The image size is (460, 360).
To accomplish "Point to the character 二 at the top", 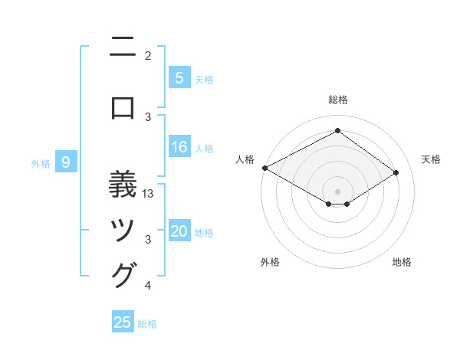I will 123,49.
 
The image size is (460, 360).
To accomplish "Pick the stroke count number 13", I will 149,194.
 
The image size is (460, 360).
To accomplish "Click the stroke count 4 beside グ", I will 148,286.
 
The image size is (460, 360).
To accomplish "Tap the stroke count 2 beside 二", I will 148,55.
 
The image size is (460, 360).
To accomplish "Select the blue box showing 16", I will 179,147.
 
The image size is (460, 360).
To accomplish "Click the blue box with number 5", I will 179,77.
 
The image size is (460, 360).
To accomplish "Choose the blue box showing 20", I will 179,231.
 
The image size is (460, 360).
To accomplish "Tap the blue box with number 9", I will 66,162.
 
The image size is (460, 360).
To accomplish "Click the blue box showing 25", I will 123,322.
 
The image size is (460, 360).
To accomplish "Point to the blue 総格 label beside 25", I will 148,324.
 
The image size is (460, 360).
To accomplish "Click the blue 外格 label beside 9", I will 41,163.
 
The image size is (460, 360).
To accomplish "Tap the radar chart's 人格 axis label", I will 245,159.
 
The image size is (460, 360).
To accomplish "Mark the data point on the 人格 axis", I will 265,168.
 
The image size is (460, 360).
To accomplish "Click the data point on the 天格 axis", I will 396,173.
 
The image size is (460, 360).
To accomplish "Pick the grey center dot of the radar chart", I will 337,191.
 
